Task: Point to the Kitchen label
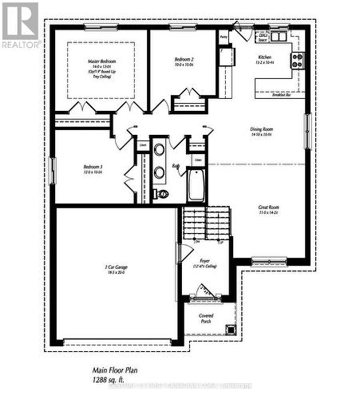coord(263,58)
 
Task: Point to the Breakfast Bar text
coord(281,93)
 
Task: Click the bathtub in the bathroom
coord(196,186)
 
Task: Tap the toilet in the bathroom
coord(163,193)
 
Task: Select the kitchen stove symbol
coord(297,58)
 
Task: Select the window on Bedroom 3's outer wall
coord(52,170)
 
